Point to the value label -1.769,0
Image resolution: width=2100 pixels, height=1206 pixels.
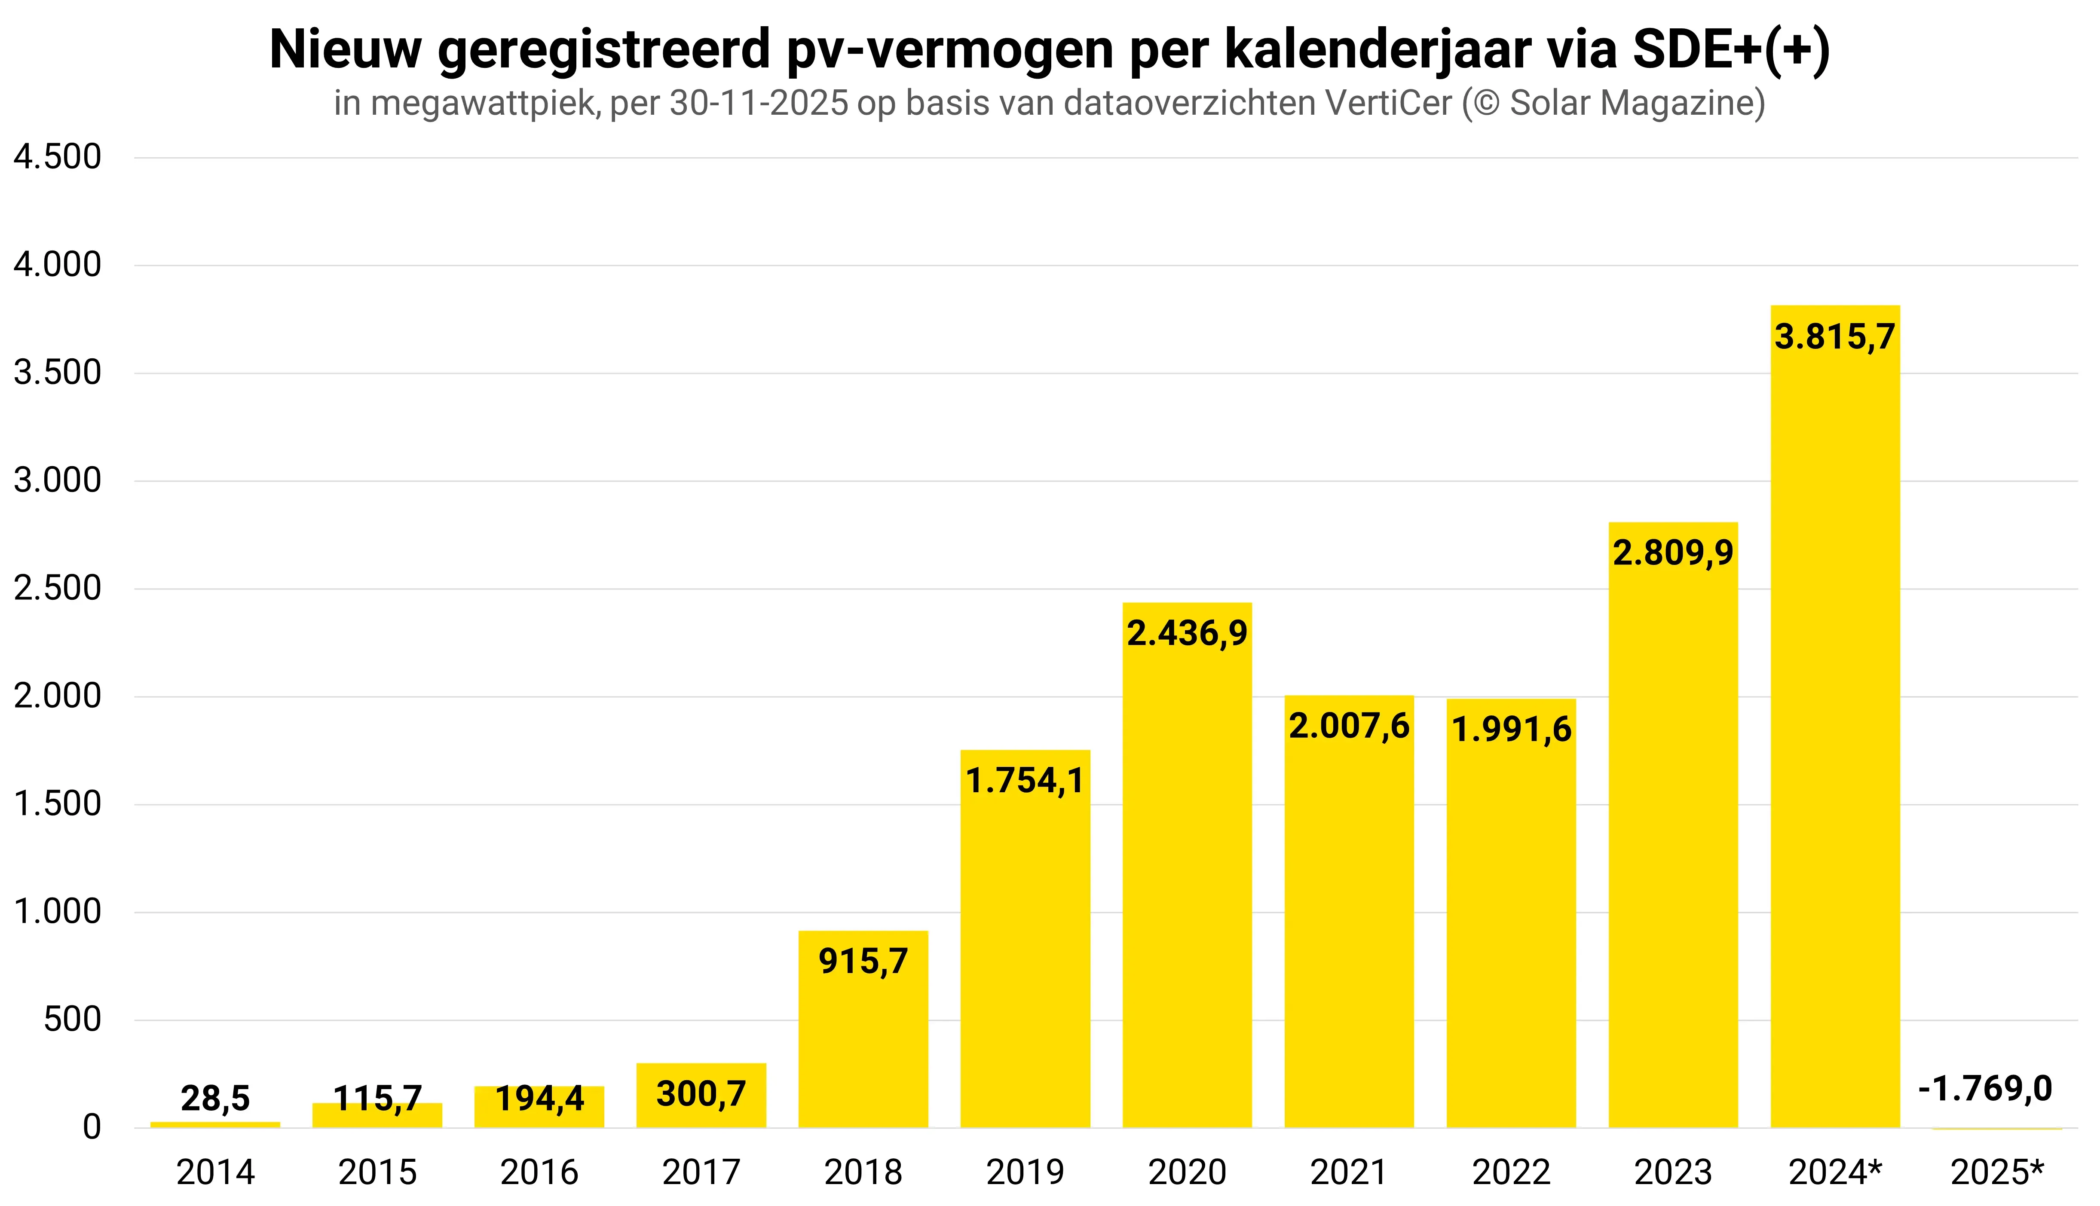[1985, 1088]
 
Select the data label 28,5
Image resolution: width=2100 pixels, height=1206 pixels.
[214, 1098]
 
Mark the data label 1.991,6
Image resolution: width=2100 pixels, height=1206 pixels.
[1511, 730]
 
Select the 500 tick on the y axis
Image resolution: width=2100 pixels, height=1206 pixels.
[72, 1020]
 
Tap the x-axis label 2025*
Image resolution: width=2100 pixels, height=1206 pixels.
[1996, 1172]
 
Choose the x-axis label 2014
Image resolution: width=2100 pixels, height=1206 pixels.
[215, 1172]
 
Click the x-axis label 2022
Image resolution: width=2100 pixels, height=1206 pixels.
[1511, 1172]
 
